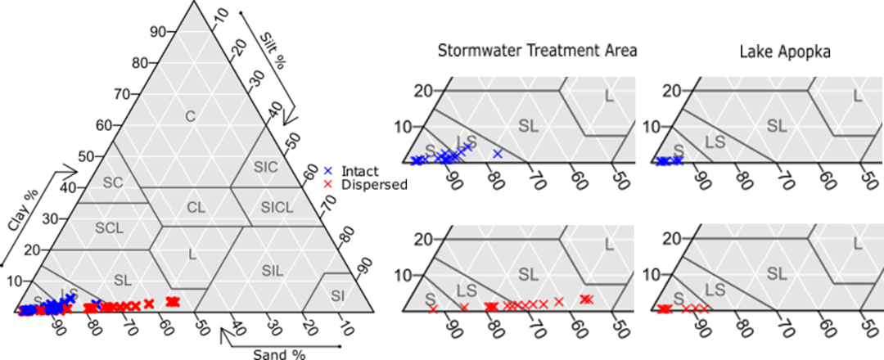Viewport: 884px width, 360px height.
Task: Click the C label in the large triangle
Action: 190,117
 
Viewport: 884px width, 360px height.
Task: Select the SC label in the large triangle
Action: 113,182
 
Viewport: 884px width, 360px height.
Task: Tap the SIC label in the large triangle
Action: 265,168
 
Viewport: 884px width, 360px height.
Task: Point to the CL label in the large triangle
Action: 196,208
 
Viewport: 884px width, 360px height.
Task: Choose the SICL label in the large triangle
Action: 276,208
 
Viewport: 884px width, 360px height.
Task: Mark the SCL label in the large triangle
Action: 109,228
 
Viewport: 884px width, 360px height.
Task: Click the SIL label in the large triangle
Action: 273,271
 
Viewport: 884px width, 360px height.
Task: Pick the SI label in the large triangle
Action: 337,295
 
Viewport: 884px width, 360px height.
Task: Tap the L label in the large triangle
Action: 192,254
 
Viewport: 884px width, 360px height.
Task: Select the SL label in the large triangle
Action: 123,281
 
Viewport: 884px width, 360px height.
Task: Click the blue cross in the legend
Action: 328,170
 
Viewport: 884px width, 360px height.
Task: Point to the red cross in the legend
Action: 328,184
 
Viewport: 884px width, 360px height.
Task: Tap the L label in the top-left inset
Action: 608,97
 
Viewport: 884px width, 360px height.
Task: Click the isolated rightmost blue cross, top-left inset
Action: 497,154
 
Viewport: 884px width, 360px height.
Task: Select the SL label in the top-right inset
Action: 776,126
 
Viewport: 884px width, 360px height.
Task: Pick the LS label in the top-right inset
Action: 715,142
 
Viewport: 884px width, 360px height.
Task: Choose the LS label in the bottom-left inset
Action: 467,290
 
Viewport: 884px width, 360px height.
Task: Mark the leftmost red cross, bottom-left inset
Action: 433,310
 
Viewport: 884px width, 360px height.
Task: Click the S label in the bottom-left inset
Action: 430,298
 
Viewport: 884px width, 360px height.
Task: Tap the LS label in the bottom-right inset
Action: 715,290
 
